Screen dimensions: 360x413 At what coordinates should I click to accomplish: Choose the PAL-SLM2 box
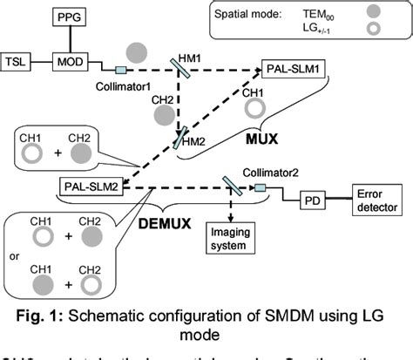[91, 187]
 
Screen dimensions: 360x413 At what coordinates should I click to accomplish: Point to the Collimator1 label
[121, 85]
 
